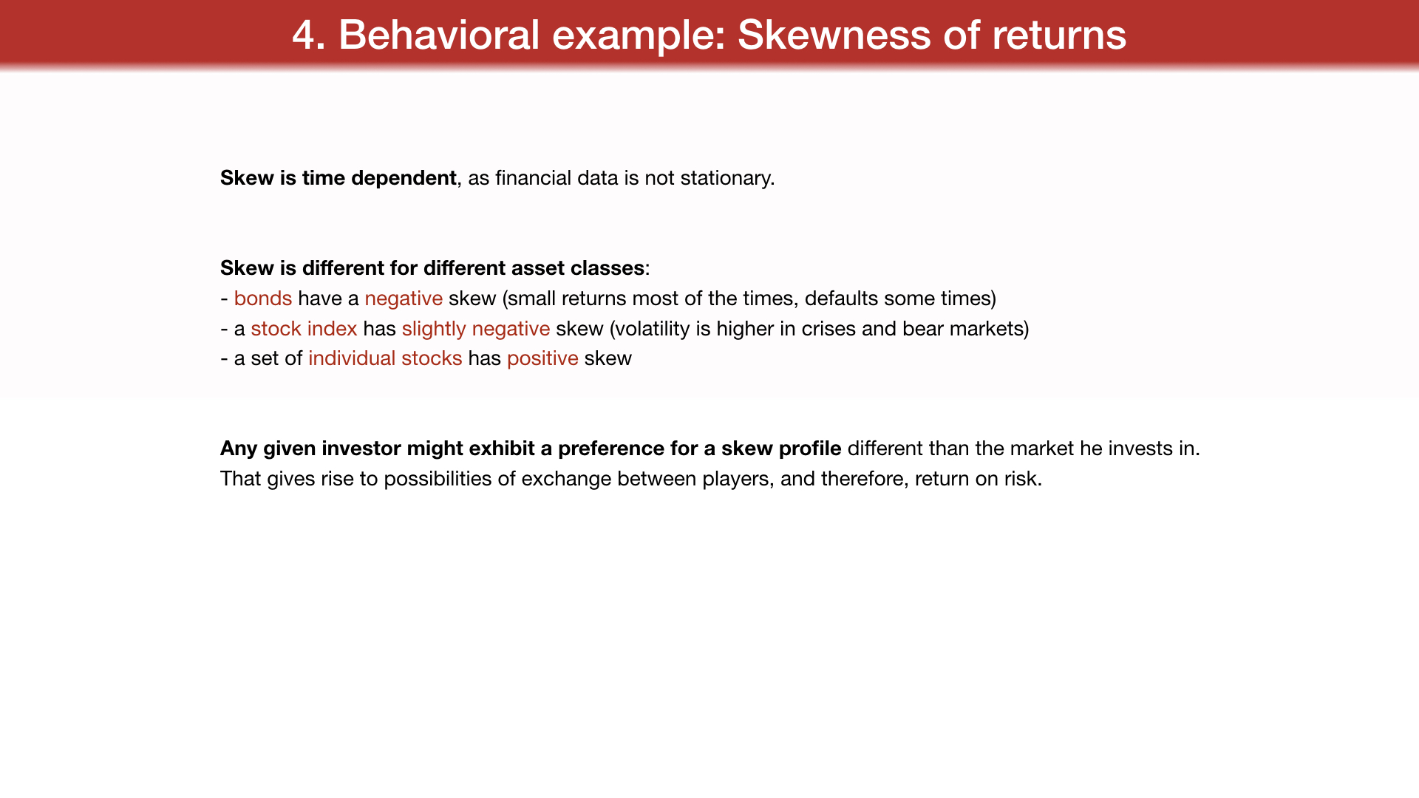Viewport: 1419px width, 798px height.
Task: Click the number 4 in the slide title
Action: [x=303, y=35]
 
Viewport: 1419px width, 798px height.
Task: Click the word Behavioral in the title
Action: [x=439, y=35]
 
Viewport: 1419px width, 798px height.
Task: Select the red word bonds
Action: [x=263, y=299]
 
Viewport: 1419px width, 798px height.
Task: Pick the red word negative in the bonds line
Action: [x=404, y=299]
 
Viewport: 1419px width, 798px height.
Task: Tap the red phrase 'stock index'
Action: [x=304, y=329]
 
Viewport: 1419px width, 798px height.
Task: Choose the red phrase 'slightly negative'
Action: [x=476, y=330]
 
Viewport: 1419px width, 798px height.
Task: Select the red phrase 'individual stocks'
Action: [x=385, y=358]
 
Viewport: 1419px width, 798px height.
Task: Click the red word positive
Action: [x=542, y=359]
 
